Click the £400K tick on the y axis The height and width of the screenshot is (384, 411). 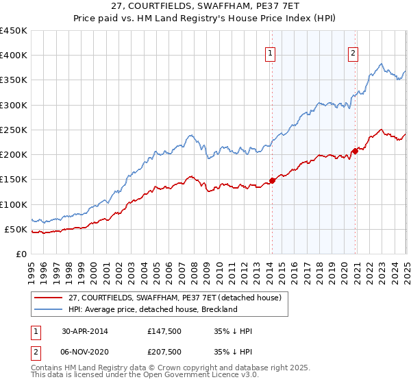(x=13, y=56)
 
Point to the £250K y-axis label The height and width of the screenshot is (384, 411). (x=13, y=130)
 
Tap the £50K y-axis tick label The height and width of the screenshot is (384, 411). (x=16, y=229)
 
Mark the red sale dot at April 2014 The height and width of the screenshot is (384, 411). (x=272, y=180)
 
